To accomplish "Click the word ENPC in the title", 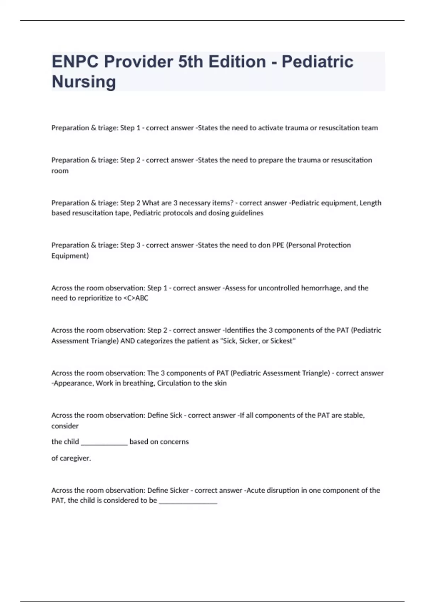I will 75,62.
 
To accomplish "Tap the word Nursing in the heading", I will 84,82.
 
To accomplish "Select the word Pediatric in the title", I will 317,62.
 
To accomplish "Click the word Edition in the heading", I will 237,62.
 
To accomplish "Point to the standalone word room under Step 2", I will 60,171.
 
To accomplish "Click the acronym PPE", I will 278,245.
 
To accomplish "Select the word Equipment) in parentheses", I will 70,256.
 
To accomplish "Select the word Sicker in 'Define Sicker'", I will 179,490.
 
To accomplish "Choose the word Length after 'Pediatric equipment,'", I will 370,203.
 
